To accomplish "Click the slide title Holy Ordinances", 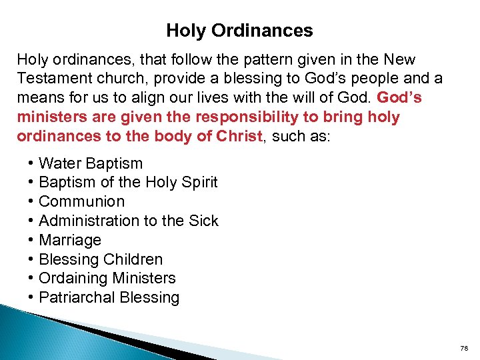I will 239,31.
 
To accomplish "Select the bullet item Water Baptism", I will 91,163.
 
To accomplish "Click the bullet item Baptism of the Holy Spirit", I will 128,182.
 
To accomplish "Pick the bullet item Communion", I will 82,201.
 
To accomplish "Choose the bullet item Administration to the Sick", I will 129,221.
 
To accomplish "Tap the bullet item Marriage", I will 70,240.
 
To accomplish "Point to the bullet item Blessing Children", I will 101,259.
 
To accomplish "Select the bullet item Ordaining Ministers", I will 107,278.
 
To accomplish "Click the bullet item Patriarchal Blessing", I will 109,297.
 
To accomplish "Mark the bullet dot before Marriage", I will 31,240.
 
